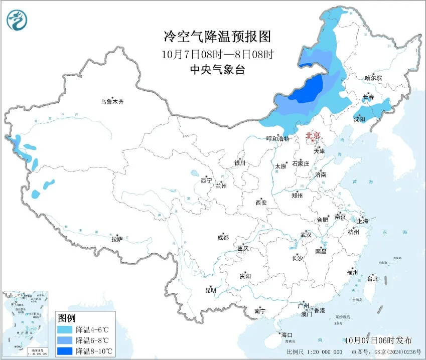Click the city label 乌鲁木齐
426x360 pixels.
(x=111, y=102)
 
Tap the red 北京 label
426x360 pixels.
(x=313, y=136)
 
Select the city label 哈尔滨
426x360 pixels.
(x=373, y=78)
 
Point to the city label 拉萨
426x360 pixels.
(x=117, y=240)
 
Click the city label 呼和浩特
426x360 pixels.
(x=277, y=139)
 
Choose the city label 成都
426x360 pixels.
(x=223, y=238)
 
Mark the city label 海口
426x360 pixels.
(x=286, y=335)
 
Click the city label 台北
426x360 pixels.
(x=373, y=279)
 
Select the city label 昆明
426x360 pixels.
(x=210, y=290)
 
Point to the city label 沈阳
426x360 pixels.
(x=359, y=119)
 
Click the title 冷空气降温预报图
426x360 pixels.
(x=217, y=37)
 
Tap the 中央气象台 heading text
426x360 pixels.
(x=217, y=70)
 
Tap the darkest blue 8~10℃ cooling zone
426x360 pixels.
(x=307, y=90)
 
